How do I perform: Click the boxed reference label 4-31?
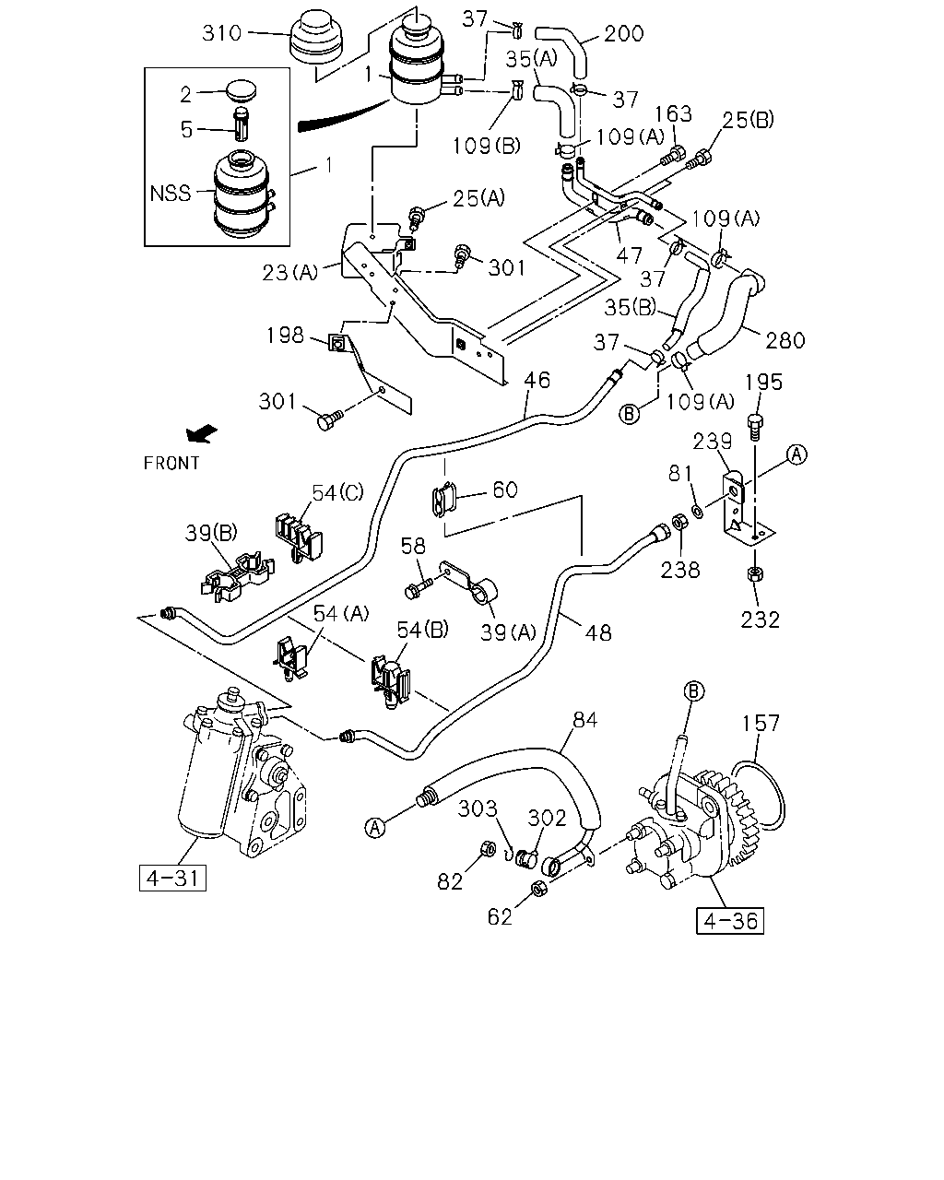(x=172, y=878)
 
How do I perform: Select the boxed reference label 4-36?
(x=729, y=921)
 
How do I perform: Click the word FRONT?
(x=171, y=464)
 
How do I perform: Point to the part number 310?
(x=221, y=33)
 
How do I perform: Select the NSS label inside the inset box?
(x=170, y=193)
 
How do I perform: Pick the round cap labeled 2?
(x=242, y=91)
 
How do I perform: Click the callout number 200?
(x=624, y=33)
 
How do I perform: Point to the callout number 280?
(x=785, y=340)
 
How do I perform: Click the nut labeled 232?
(x=755, y=574)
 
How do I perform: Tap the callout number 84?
(x=584, y=719)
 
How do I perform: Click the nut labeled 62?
(x=538, y=889)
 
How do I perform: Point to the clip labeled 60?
(x=444, y=499)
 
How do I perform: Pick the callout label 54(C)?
(x=337, y=493)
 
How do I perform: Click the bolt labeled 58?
(x=419, y=588)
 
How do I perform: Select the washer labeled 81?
(x=698, y=512)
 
